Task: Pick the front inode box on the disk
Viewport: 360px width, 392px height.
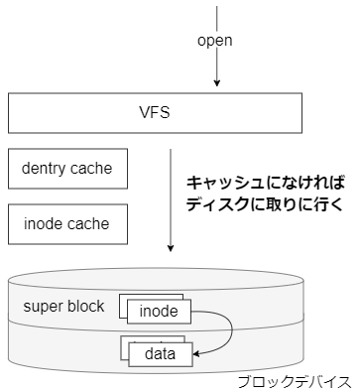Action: (x=159, y=311)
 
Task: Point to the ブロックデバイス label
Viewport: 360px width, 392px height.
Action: (x=295, y=381)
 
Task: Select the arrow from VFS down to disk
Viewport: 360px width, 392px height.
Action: (x=174, y=198)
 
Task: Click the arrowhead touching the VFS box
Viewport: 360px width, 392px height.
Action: (x=217, y=87)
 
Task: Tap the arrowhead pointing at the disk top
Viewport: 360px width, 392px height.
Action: (x=174, y=248)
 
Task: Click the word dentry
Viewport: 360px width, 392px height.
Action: (x=44, y=169)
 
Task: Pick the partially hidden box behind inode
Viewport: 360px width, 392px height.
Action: (x=123, y=303)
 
